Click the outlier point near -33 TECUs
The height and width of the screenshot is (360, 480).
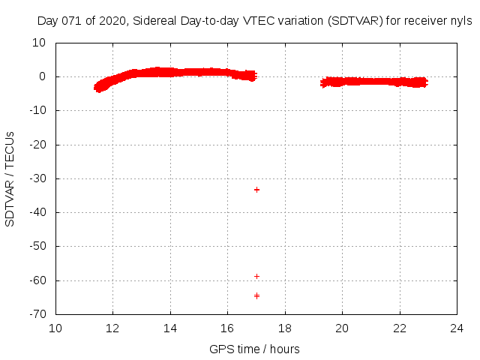click(256, 190)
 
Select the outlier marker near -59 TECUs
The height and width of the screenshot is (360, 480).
click(256, 276)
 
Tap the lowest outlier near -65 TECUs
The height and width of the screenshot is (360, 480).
click(256, 295)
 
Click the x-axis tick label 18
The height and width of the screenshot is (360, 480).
click(285, 328)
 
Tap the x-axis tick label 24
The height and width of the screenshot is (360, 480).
click(457, 328)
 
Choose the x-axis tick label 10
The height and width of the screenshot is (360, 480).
click(56, 328)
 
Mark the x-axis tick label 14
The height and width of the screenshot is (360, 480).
click(171, 328)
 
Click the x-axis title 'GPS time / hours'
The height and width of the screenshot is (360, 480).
click(255, 349)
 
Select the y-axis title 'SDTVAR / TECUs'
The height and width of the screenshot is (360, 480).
click(10, 178)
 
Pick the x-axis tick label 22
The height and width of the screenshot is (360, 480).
click(400, 328)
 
